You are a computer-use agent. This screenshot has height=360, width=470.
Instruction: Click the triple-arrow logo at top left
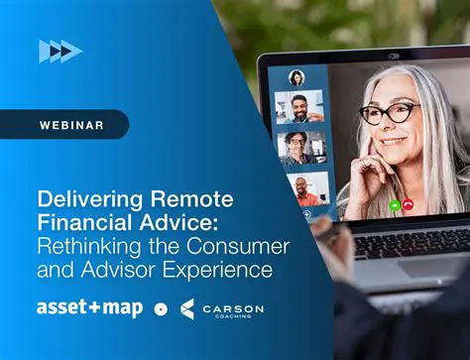click(59, 51)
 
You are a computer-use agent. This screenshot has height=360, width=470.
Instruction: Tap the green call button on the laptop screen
click(394, 205)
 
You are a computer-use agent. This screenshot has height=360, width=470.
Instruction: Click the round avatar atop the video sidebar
click(295, 77)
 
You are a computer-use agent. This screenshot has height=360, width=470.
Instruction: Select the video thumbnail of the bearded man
click(299, 107)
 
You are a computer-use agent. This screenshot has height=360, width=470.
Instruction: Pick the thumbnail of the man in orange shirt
click(300, 187)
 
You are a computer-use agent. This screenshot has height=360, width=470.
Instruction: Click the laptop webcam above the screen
click(394, 57)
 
